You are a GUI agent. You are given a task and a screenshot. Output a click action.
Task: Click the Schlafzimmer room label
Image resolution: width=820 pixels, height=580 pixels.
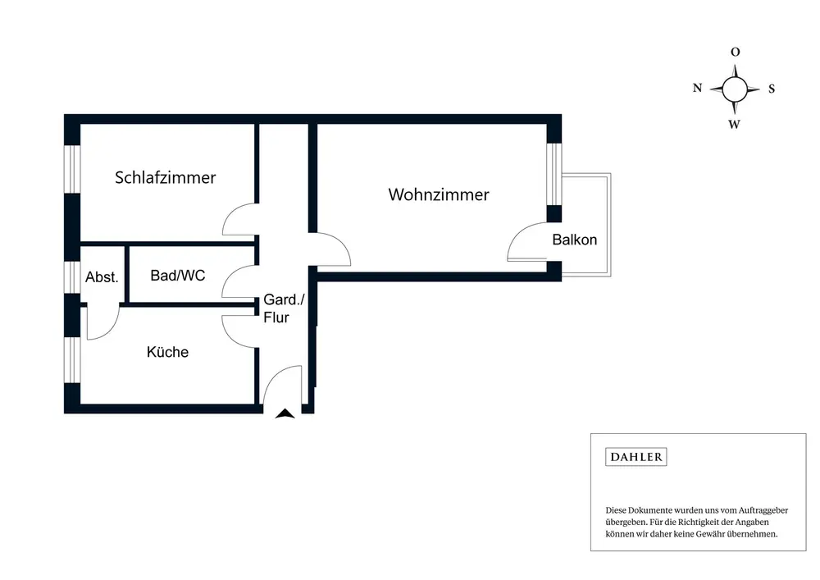(x=165, y=178)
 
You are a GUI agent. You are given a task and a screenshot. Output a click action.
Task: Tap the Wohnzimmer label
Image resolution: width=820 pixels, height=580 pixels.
(x=439, y=195)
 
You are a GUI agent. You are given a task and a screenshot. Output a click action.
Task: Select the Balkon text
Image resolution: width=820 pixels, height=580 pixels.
(x=575, y=240)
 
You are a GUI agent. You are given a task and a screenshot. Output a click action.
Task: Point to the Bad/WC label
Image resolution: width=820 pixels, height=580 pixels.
(x=178, y=276)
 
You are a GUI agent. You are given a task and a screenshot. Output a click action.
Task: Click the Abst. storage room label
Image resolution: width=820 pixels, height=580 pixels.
(x=102, y=277)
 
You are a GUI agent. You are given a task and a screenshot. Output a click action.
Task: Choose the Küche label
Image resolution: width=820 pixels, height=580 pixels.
(x=167, y=352)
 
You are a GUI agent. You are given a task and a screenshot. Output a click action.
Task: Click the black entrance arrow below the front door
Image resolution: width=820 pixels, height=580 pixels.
(x=285, y=414)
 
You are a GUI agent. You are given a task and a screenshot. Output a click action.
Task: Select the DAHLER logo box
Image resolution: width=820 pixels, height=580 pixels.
(x=635, y=458)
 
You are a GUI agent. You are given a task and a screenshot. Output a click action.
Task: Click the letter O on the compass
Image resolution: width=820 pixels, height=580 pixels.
(x=736, y=53)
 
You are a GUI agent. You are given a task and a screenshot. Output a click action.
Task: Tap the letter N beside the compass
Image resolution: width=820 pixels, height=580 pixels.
(x=698, y=89)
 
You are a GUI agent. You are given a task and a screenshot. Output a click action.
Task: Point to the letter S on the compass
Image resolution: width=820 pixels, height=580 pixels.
(x=772, y=89)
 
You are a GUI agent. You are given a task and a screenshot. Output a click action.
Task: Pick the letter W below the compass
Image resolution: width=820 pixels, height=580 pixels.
(x=736, y=125)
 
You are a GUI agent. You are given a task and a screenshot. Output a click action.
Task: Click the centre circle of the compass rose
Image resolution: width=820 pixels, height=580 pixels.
(x=736, y=89)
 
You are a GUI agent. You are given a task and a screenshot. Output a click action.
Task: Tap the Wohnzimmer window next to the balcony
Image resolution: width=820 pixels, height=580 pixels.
(x=553, y=172)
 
